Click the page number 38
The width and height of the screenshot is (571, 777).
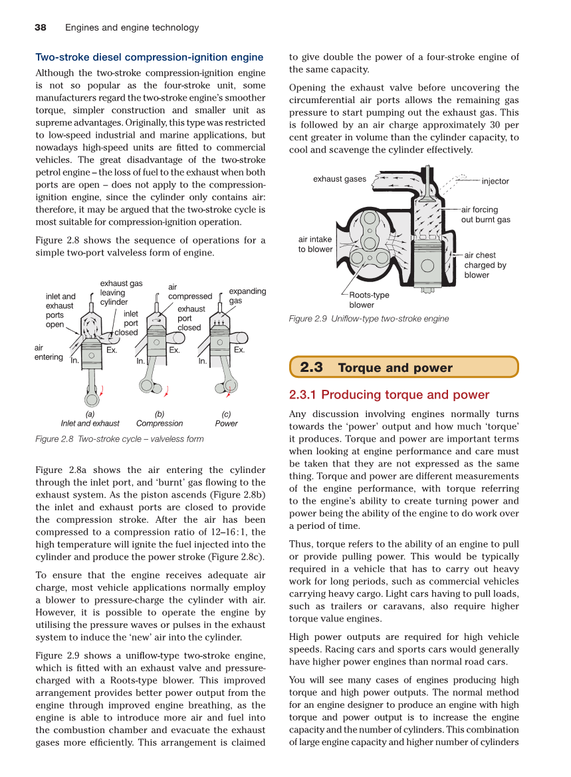coord(40,27)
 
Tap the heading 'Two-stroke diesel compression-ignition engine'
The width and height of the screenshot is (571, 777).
coord(150,57)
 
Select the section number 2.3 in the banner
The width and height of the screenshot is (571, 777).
coord(311,367)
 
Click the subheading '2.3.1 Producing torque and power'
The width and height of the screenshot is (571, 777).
coord(389,394)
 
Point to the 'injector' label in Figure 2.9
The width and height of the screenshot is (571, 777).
coord(495,181)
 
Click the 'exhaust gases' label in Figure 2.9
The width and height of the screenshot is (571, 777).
coord(339,179)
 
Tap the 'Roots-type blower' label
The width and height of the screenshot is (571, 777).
coord(369,300)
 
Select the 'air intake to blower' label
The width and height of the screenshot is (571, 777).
coord(315,244)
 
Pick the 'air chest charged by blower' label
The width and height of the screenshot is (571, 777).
coord(485,265)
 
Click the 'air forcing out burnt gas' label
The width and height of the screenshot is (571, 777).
coord(485,215)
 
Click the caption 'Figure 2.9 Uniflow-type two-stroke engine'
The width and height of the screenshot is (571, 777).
coord(368,319)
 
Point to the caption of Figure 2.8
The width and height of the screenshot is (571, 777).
coord(120,439)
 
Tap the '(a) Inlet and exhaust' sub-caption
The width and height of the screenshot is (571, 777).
coord(90,418)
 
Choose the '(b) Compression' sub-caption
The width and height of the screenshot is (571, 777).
coord(160,418)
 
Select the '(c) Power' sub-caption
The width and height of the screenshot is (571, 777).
coord(226,418)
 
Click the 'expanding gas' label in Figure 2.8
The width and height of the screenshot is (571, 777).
coord(247,296)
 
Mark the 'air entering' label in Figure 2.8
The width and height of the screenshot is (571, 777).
coord(48,353)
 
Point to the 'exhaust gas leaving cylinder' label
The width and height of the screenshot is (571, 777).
coord(120,293)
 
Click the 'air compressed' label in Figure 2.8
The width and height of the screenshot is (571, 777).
coord(189,292)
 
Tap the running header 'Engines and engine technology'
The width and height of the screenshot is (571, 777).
coord(132,27)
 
